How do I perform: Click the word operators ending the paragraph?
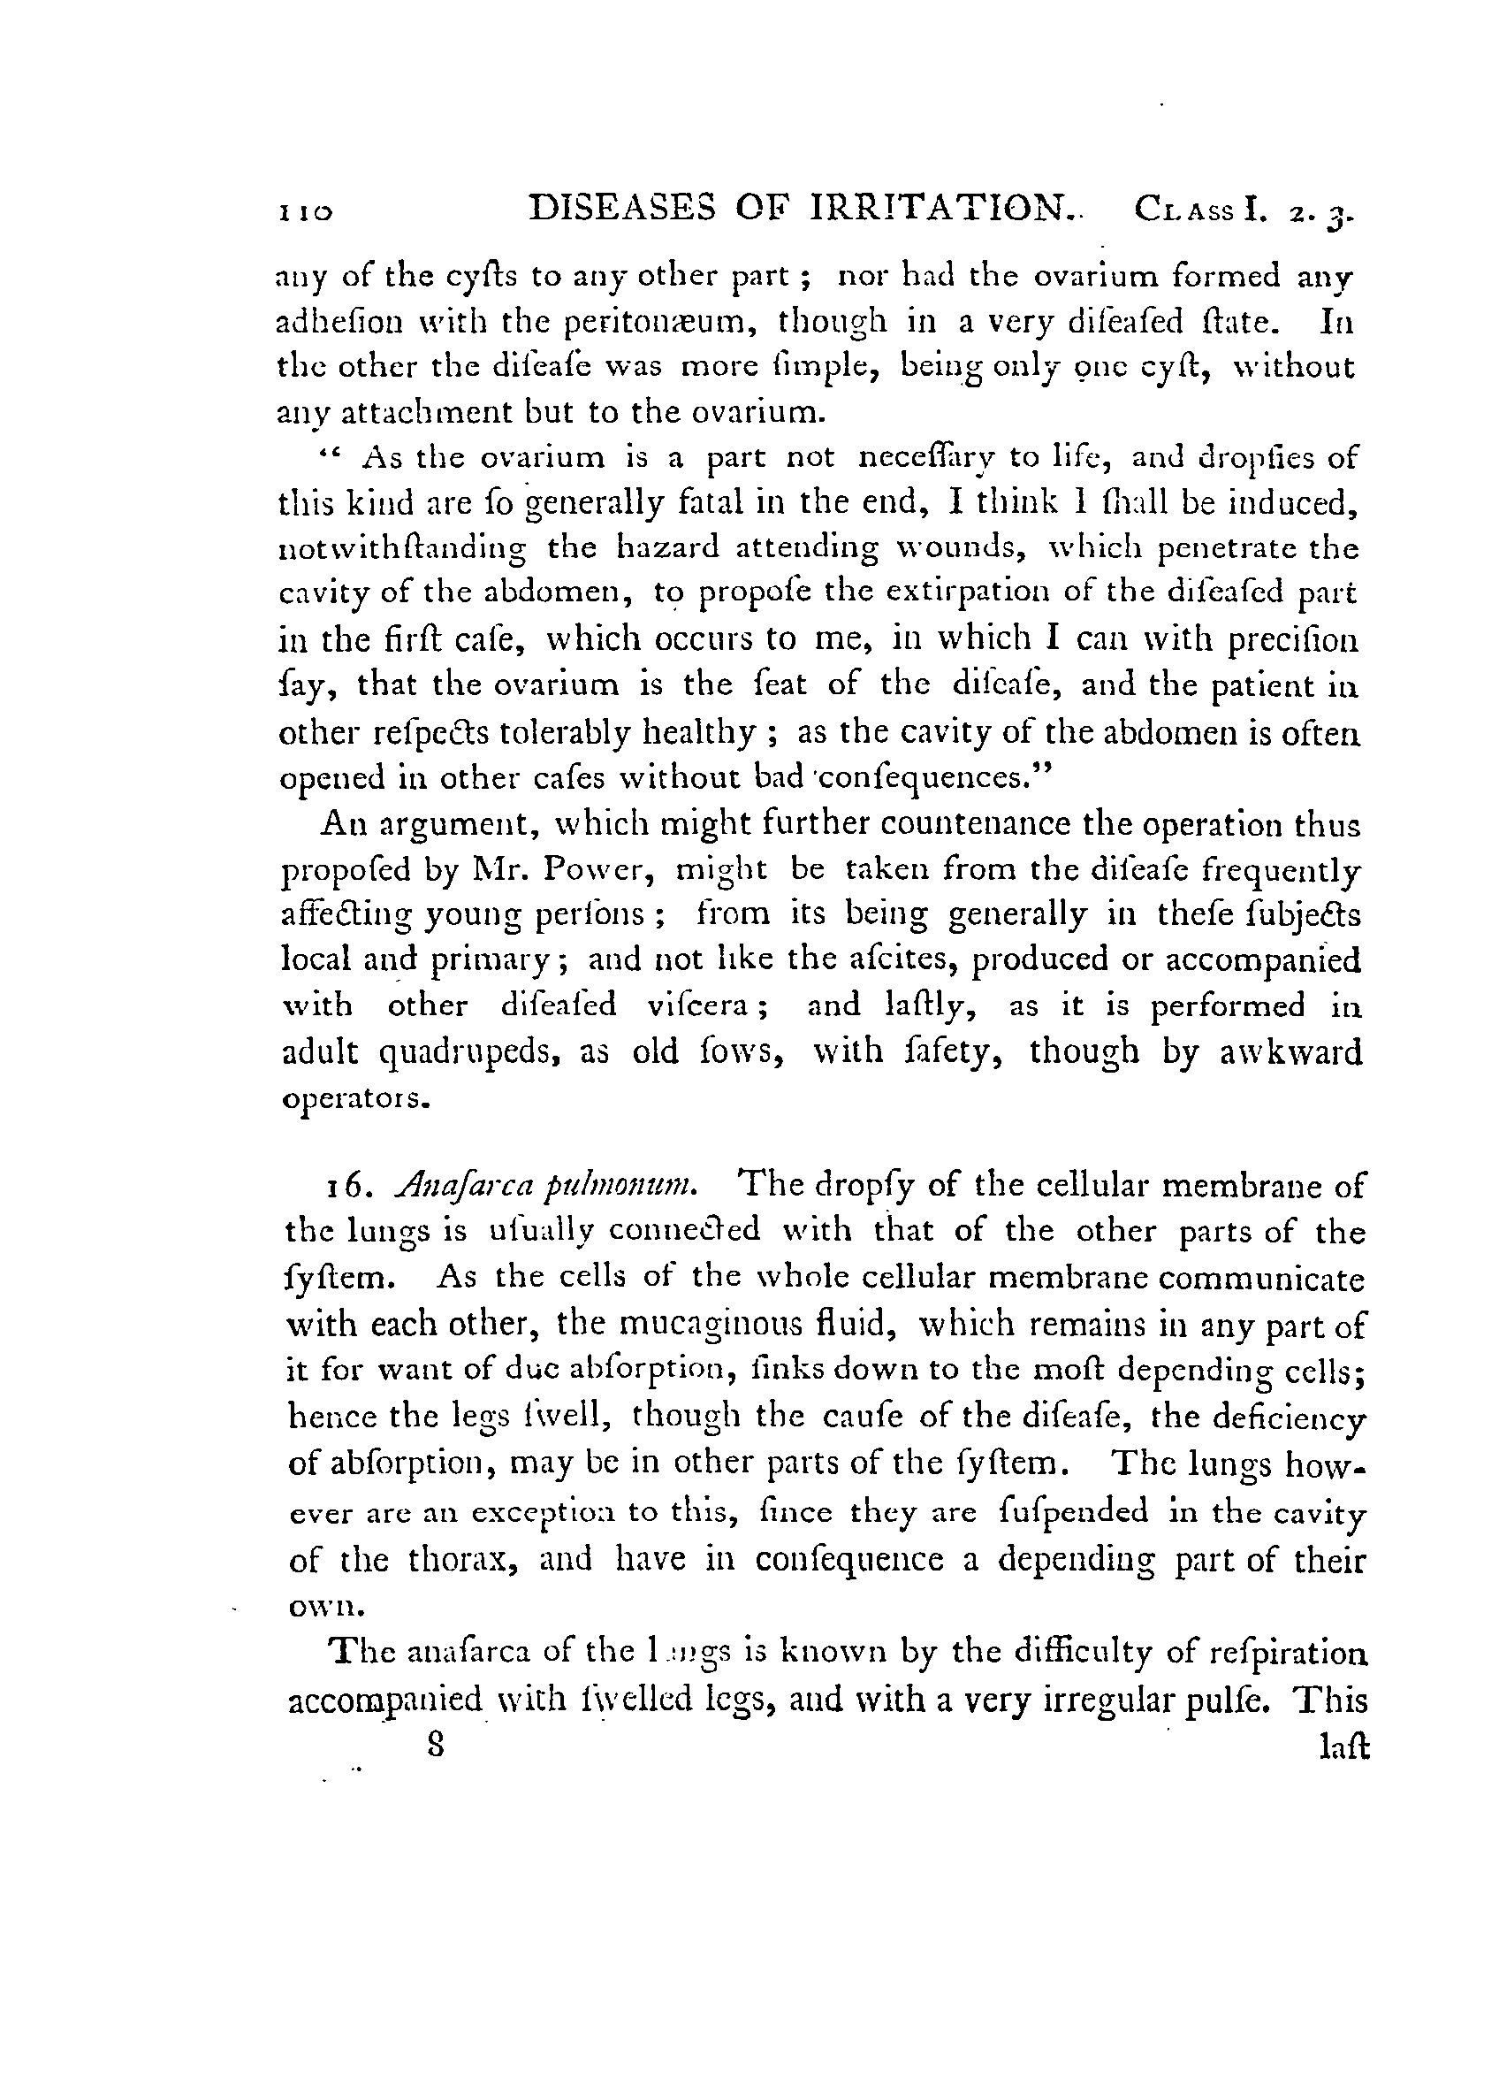coord(354,1101)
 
